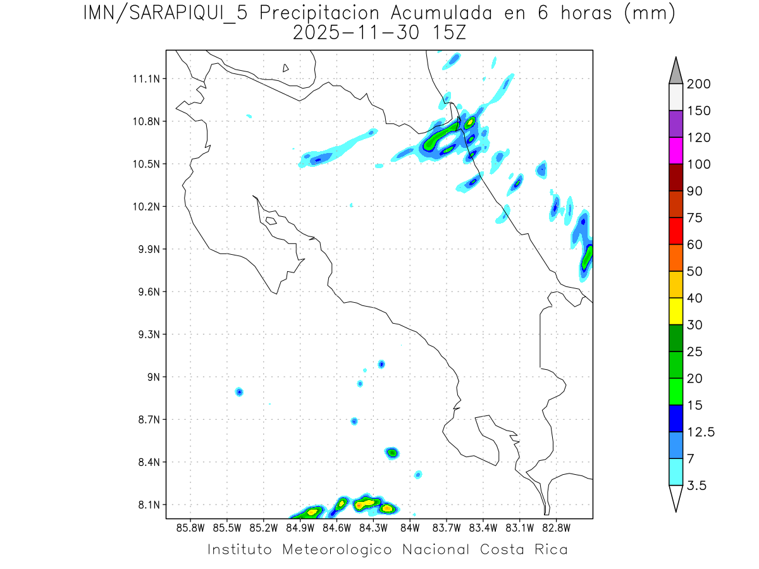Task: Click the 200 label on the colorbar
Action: pos(698,84)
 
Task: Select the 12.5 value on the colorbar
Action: pos(701,432)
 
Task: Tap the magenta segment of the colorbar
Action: pos(676,150)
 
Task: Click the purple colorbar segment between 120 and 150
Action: pos(676,124)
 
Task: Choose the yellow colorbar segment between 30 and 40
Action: pos(676,311)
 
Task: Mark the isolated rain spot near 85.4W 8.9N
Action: pos(239,392)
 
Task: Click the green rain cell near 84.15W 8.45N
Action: pos(392,452)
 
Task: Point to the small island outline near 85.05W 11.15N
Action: pos(286,68)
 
